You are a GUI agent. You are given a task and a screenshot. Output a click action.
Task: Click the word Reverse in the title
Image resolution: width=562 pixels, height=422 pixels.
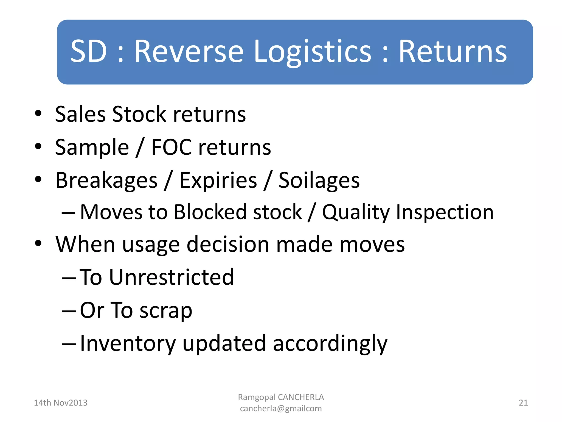189,51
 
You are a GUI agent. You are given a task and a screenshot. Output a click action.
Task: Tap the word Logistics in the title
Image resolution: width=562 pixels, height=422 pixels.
313,51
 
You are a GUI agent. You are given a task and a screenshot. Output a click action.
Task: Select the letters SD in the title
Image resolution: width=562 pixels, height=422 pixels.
88,51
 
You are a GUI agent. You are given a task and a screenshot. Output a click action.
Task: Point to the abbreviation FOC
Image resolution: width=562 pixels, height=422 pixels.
172,147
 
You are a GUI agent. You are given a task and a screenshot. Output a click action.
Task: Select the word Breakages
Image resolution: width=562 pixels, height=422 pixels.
106,181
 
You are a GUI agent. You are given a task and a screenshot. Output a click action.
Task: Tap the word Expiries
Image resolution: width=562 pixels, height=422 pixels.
218,181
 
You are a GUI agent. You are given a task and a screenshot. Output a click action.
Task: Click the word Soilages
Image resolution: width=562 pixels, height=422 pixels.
319,181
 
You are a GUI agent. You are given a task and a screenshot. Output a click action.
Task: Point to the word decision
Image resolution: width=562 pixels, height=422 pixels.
228,244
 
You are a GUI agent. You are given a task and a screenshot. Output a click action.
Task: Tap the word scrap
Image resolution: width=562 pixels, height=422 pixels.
166,310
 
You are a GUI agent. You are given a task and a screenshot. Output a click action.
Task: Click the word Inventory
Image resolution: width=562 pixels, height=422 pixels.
128,343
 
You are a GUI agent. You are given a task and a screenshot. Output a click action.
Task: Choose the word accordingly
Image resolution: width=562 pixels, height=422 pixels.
330,343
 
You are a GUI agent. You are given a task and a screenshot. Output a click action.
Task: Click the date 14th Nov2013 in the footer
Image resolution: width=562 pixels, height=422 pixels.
60,403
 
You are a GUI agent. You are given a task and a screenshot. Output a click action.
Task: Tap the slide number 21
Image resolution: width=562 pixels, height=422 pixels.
523,403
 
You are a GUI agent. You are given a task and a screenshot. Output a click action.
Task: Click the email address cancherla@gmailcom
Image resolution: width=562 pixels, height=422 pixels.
281,409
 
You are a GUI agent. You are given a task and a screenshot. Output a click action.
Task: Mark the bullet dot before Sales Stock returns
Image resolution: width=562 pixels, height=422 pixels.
38,113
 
